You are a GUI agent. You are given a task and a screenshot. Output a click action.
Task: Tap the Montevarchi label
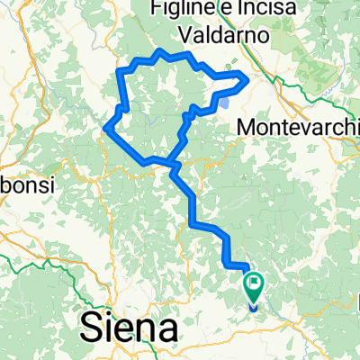pyautogui.click(x=297, y=128)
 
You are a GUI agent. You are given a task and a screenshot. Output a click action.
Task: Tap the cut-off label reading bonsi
pyautogui.click(x=27, y=184)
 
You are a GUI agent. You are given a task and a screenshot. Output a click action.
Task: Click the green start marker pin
pyautogui.click(x=255, y=287)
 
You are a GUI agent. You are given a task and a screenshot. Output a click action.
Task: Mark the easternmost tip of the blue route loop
pyautogui.click(x=246, y=79)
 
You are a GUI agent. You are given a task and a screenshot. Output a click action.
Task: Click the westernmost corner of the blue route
pyautogui.click(x=105, y=128)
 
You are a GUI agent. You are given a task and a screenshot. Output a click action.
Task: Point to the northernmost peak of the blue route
pyautogui.click(x=159, y=49)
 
